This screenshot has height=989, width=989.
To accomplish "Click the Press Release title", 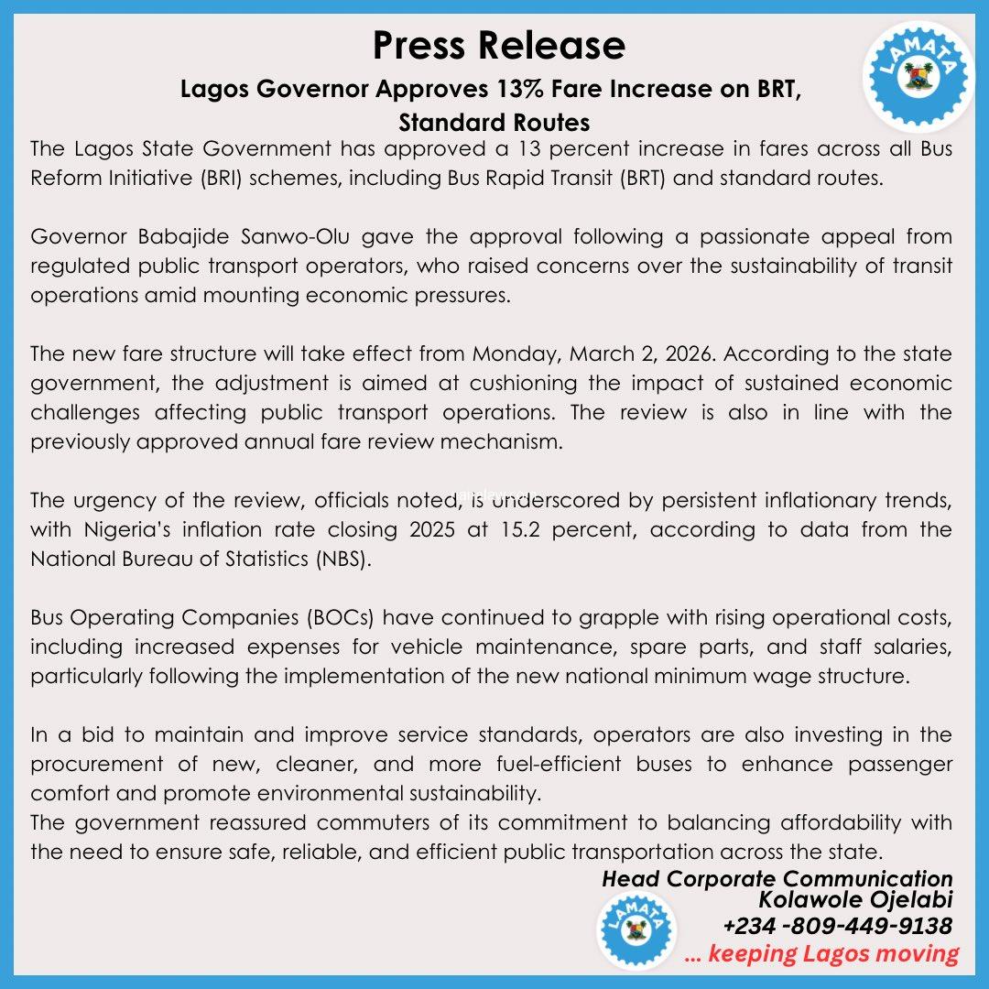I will click(499, 45).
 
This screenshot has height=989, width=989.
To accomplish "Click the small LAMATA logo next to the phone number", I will click(629, 929).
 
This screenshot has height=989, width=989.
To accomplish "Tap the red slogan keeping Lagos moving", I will click(821, 953).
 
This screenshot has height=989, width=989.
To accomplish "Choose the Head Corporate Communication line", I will click(777, 879).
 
